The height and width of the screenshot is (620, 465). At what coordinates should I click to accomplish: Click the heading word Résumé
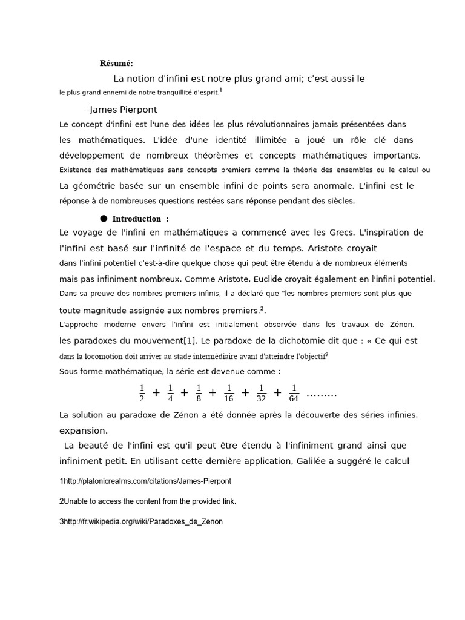tap(117, 63)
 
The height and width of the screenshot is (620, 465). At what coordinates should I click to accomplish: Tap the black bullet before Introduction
tap(104, 218)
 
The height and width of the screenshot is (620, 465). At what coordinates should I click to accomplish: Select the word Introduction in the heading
tap(136, 219)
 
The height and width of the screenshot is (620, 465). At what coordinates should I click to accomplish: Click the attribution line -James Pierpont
tap(122, 110)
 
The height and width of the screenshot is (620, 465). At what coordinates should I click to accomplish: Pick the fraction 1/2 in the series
tap(142, 392)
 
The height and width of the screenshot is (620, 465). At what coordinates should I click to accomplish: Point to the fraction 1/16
tap(229, 392)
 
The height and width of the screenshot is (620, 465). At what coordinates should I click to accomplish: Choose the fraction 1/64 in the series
tap(294, 392)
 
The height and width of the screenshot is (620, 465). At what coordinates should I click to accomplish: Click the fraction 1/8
tap(199, 392)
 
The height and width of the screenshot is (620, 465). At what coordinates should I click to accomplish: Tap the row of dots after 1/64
tap(322, 394)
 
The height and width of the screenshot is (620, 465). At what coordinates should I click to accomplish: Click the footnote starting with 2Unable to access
tap(147, 501)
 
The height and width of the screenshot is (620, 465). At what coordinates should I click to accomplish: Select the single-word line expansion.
tap(84, 430)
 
